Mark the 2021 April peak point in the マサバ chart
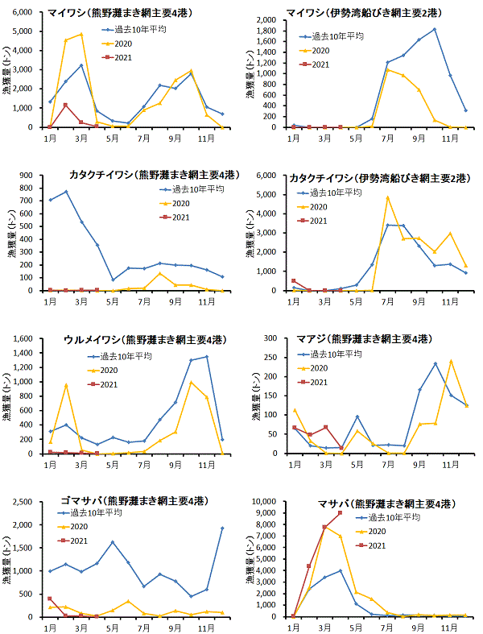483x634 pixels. (341, 513)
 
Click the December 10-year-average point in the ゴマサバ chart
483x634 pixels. (222, 528)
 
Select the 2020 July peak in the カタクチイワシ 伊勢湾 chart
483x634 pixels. (387, 197)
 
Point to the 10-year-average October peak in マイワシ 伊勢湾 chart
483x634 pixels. (435, 29)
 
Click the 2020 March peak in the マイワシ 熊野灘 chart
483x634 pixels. (81, 34)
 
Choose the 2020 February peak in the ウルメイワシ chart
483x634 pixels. (66, 384)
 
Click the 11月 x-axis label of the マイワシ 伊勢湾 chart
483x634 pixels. (450, 138)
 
